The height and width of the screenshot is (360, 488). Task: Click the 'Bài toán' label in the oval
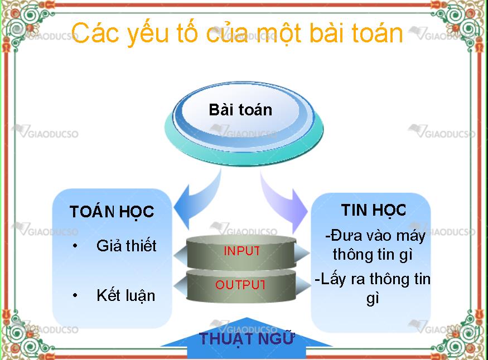[240, 110]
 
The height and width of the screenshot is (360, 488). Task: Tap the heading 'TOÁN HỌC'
[112, 212]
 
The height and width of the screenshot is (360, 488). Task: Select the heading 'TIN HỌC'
[374, 211]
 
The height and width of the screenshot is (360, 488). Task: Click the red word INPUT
[242, 251]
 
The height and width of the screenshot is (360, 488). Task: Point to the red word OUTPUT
[240, 285]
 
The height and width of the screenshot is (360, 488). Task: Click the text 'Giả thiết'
[127, 246]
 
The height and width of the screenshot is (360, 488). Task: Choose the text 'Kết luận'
[125, 295]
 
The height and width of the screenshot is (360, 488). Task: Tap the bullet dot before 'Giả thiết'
[75, 246]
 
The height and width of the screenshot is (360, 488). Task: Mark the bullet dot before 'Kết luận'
[75, 295]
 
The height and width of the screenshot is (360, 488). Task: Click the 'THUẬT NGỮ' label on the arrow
[247, 339]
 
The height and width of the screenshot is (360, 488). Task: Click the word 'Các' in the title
[95, 33]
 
